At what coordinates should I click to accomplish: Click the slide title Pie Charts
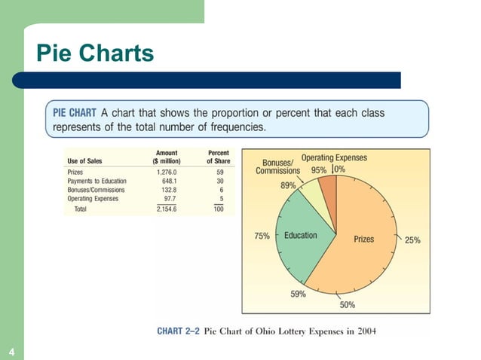[95, 53]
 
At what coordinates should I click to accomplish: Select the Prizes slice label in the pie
[364, 239]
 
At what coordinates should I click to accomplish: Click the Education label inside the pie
[301, 236]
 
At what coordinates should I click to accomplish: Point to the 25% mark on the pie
[412, 239]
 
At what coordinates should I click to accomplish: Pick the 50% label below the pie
[348, 304]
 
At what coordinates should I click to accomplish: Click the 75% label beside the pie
[262, 236]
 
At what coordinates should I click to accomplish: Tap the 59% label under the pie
[298, 294]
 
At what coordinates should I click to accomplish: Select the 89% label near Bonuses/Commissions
[289, 185]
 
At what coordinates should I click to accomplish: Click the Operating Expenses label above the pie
[334, 157]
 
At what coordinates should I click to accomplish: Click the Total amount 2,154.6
[166, 209]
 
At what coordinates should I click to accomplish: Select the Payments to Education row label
[97, 181]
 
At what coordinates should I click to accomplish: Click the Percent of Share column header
[219, 157]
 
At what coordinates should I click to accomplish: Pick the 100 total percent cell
[219, 209]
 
